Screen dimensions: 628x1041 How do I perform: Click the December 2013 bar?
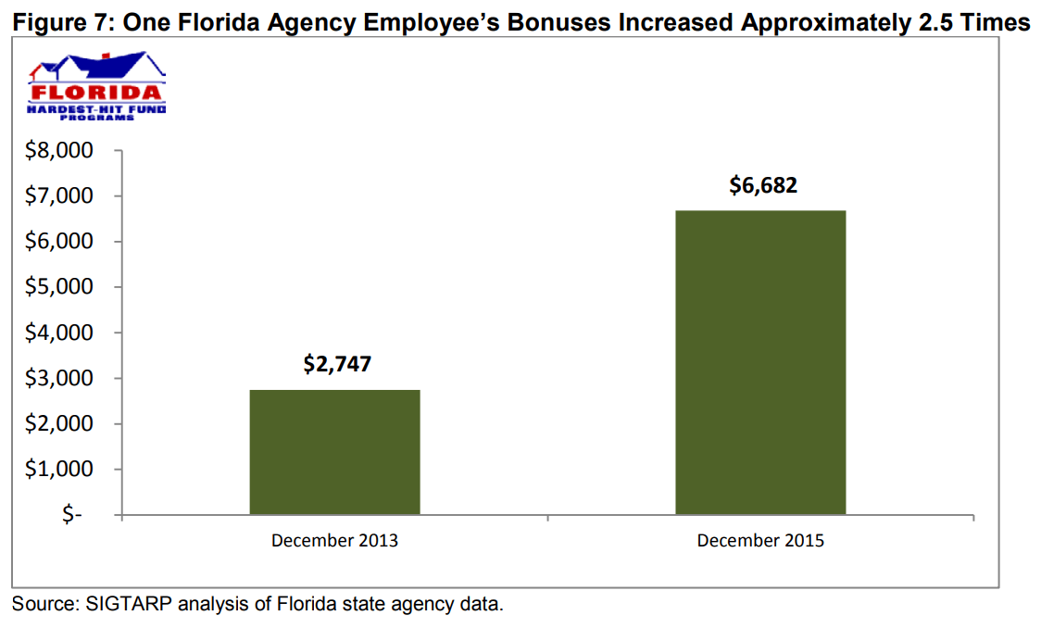pos(334,452)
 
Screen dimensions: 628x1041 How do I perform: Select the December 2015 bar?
pos(760,362)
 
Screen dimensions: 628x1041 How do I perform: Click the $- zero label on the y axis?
pos(72,515)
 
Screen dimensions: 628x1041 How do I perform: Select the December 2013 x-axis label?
pos(334,540)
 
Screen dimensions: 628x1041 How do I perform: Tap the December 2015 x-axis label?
pos(760,540)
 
